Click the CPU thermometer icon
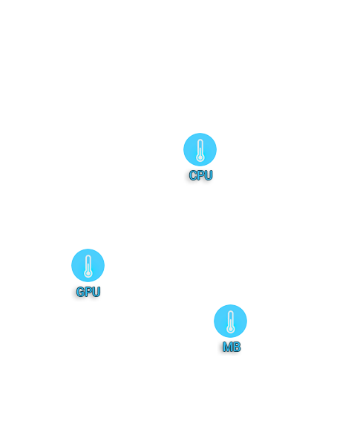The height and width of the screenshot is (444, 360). tap(200, 149)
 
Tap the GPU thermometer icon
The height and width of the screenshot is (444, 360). tap(88, 265)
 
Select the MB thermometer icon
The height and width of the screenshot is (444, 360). tap(230, 321)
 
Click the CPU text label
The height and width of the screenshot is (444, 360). tap(200, 175)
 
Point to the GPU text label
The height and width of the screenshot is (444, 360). tap(88, 292)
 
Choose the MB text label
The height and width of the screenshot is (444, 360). tap(232, 347)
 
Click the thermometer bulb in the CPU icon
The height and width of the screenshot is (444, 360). tap(200, 157)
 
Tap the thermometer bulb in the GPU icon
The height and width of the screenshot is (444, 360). tap(88, 273)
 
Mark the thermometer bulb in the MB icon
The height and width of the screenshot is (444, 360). tap(231, 329)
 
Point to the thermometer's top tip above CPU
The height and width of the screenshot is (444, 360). tap(200, 140)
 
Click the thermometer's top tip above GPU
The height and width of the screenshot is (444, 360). tap(88, 255)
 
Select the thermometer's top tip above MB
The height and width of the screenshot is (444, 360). tap(231, 311)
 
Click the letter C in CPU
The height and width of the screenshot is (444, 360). tap(193, 175)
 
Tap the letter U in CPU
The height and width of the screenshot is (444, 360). tap(209, 175)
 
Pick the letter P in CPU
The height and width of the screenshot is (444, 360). tap(200, 175)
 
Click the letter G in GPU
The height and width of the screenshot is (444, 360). tap(80, 292)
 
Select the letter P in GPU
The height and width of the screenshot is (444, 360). tap(88, 292)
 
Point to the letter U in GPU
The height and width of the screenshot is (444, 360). tap(96, 292)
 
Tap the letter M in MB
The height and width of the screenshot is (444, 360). tap(228, 347)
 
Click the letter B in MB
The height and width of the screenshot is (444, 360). tap(237, 347)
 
